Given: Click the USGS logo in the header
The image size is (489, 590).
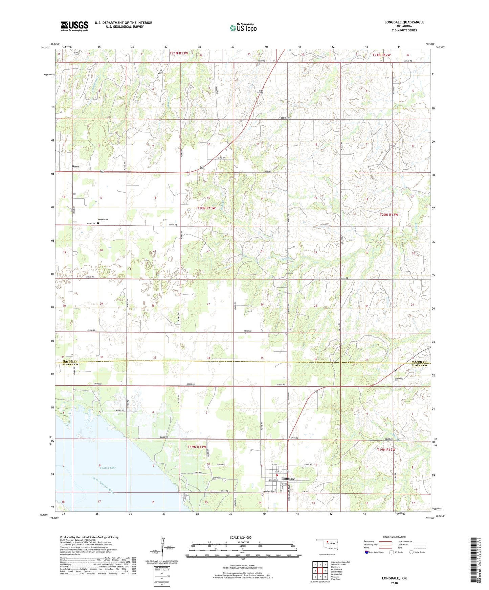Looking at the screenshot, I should (x=74, y=26).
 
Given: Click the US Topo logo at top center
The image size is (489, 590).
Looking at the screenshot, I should (x=243, y=28).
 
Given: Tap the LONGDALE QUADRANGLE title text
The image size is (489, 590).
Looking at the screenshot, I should (x=404, y=22).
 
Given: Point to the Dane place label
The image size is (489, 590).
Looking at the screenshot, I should (x=75, y=167).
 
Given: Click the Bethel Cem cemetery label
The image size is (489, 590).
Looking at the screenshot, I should (x=103, y=220).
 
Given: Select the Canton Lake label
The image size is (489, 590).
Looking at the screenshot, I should (x=108, y=468).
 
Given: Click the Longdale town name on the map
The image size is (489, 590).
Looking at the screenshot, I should (x=288, y=479).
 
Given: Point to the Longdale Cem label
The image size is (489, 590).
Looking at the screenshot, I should (x=269, y=491).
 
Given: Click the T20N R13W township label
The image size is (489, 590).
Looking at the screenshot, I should (x=206, y=208).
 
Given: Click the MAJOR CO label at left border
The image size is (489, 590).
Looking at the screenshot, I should (x=70, y=361).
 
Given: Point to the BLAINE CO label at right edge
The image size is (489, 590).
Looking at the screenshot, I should (x=419, y=366).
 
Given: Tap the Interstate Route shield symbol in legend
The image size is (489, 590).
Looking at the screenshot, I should (x=367, y=552).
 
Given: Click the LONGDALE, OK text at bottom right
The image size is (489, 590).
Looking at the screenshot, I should (x=394, y=578).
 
